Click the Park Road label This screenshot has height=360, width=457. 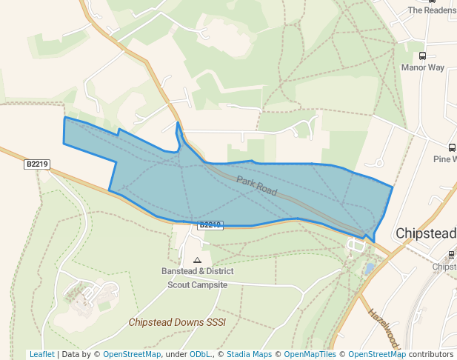257,186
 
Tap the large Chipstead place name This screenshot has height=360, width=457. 425,233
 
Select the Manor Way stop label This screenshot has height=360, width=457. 422,67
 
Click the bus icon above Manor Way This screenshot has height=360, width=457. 423,56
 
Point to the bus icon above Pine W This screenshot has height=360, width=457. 452,147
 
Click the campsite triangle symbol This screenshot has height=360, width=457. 197,260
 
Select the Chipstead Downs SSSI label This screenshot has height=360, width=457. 176,322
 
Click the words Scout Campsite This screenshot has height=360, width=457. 197,284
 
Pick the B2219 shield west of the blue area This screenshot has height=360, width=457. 37,164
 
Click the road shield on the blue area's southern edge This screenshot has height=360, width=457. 210,224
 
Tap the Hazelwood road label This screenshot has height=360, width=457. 384,328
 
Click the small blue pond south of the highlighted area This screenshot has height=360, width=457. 370,268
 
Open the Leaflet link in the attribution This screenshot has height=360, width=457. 41,355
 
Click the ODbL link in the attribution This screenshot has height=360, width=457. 199,355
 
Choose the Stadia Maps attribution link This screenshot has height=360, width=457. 249,355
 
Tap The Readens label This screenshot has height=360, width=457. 432,10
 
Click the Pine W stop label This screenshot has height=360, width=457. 445,159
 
